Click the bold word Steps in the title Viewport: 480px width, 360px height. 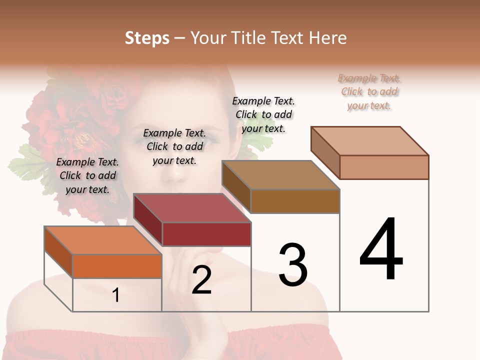pyautogui.click(x=147, y=38)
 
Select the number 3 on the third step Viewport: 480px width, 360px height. pyautogui.click(x=293, y=265)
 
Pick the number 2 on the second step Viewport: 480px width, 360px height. pyautogui.click(x=201, y=280)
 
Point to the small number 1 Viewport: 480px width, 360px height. pyautogui.click(x=116, y=295)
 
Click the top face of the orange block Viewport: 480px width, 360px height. pyautogui.click(x=103, y=240)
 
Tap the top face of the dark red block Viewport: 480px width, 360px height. pyautogui.click(x=192, y=208)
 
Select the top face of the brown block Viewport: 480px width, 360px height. pyautogui.click(x=280, y=175)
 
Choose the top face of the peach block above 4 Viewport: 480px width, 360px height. pyautogui.click(x=370, y=141)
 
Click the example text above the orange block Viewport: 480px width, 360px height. pyautogui.click(x=87, y=175)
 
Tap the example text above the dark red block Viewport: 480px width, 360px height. pyautogui.click(x=174, y=146)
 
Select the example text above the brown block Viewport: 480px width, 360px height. pyautogui.click(x=263, y=114)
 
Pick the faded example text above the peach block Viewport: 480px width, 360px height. pyautogui.click(x=369, y=91)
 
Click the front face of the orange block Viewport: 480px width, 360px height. pyautogui.click(x=117, y=266)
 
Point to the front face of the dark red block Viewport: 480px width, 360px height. pyautogui.click(x=206, y=234)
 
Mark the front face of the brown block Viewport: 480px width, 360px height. pyautogui.click(x=295, y=201)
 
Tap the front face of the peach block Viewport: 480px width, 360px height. pyautogui.click(x=384, y=167)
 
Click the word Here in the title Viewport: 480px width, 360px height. pyautogui.click(x=329, y=38)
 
